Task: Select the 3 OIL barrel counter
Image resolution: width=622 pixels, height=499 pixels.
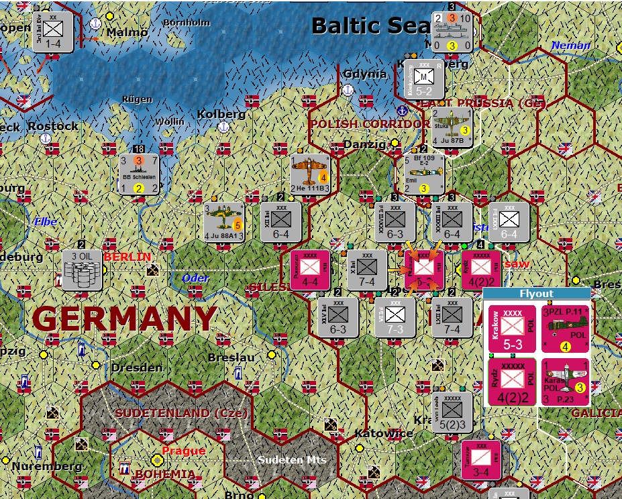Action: (82, 270)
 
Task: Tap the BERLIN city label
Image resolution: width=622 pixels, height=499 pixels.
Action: (127, 257)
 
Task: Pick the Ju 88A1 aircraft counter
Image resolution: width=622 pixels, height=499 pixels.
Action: (224, 221)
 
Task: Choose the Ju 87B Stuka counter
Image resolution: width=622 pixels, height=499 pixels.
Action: (452, 126)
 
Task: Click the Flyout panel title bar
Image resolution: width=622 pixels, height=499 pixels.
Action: (537, 293)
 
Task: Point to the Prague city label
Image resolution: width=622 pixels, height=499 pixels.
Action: (184, 451)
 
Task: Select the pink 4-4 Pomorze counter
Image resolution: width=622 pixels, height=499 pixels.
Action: (309, 270)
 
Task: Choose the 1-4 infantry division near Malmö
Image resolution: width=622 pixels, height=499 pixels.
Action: (53, 30)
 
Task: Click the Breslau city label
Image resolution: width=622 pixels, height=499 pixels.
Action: (231, 357)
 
